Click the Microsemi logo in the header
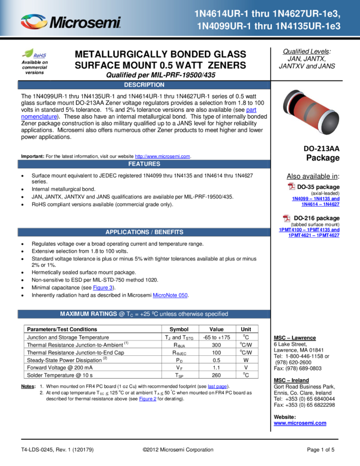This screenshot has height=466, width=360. click(x=71, y=22)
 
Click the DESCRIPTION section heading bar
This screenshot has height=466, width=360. click(x=144, y=85)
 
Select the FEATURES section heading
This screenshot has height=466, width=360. click(x=144, y=164)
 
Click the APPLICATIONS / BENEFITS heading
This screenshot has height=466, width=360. click(x=144, y=232)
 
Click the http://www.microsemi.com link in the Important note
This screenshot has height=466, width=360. click(x=163, y=156)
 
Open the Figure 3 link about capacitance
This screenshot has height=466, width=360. click(x=103, y=288)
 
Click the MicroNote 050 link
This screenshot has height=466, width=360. click(x=170, y=295)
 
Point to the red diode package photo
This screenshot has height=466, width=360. click(x=311, y=112)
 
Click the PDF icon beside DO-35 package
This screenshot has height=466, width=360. click(x=292, y=186)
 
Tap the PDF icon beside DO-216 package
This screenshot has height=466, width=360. click(x=287, y=218)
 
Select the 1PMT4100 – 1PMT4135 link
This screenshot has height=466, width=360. click(x=309, y=230)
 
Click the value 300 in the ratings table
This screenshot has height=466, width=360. click(x=216, y=345)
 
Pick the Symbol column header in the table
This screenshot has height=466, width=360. click(x=179, y=329)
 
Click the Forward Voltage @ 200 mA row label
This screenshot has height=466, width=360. click(x=60, y=368)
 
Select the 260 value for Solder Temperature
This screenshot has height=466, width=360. click(x=216, y=375)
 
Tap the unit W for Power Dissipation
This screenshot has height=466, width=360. click(x=246, y=360)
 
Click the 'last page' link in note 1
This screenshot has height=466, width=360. click(x=217, y=387)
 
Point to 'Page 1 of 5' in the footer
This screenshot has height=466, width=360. click(x=321, y=450)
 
